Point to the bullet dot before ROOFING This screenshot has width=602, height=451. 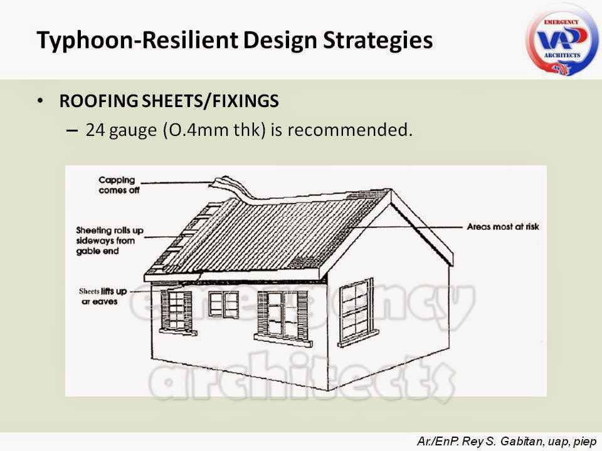tap(41, 101)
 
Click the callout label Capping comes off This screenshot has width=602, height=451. tap(119, 185)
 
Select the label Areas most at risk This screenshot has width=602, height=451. tap(503, 227)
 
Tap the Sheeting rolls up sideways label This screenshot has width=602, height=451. tap(110, 241)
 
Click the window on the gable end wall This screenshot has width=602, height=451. tap(356, 311)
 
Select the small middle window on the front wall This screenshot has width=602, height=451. tap(223, 304)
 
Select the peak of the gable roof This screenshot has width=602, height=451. tap(391, 194)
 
